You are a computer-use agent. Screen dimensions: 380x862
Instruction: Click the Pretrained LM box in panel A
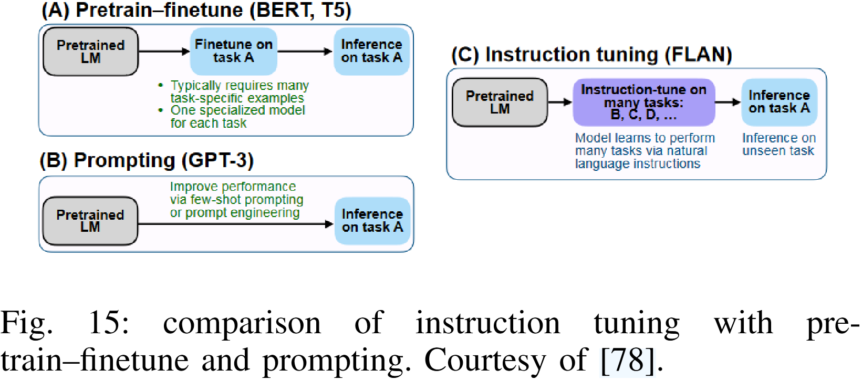90,52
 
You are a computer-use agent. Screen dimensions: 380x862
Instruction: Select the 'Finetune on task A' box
233,51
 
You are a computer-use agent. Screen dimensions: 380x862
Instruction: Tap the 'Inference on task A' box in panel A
371,51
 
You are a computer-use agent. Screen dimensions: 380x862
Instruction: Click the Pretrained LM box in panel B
90,221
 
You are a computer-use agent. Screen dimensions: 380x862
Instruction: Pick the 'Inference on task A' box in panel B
372,221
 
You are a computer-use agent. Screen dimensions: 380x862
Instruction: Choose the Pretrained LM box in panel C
500,102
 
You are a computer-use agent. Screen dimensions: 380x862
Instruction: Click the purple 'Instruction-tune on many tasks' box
643,102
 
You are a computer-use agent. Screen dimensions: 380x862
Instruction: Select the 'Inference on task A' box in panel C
779,102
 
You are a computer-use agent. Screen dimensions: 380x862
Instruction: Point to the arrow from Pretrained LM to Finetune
163,52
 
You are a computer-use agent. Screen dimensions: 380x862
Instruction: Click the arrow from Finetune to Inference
305,52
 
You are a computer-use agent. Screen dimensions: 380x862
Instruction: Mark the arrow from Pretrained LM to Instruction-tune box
560,102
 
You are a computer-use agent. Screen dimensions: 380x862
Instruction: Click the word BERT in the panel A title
282,11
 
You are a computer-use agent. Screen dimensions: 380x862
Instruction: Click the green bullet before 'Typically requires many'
161,85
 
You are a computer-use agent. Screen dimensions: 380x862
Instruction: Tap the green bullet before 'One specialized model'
161,110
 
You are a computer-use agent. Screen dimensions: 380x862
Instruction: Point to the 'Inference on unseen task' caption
778,145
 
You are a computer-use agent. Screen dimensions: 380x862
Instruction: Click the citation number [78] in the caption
628,361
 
